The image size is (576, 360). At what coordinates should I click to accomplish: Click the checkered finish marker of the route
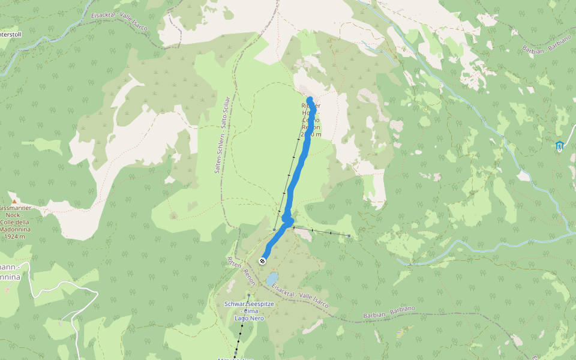click(262, 261)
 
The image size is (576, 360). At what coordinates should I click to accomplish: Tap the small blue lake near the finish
click(272, 279)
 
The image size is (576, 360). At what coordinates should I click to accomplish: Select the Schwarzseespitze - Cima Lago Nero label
click(244, 311)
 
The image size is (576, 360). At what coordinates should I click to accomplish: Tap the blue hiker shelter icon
click(560, 146)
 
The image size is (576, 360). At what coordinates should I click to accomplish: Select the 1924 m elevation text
click(14, 236)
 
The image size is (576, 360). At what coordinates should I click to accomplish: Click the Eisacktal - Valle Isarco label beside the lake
click(300, 296)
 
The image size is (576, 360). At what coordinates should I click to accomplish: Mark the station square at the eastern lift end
click(349, 236)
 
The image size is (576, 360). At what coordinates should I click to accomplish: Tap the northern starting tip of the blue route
click(310, 99)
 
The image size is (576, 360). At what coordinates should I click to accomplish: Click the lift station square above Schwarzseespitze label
click(248, 295)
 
